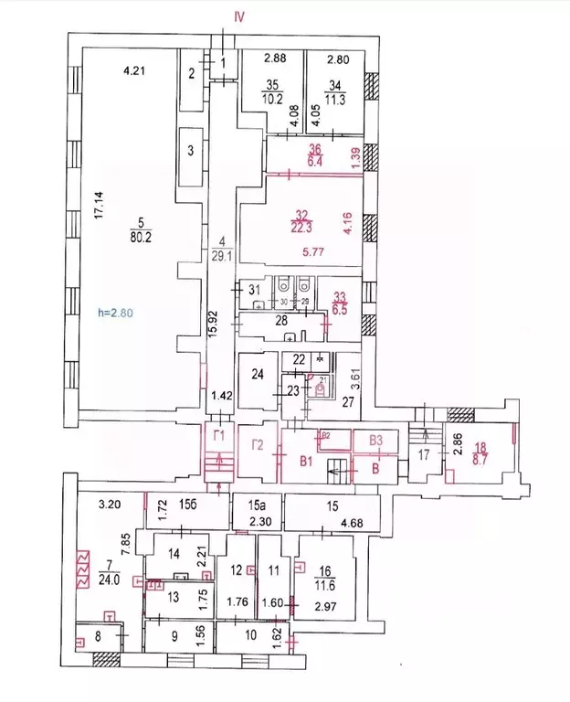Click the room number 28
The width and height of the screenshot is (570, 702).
point(281,320)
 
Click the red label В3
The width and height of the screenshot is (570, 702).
point(375,441)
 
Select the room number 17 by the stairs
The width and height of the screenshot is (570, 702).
point(422,454)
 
